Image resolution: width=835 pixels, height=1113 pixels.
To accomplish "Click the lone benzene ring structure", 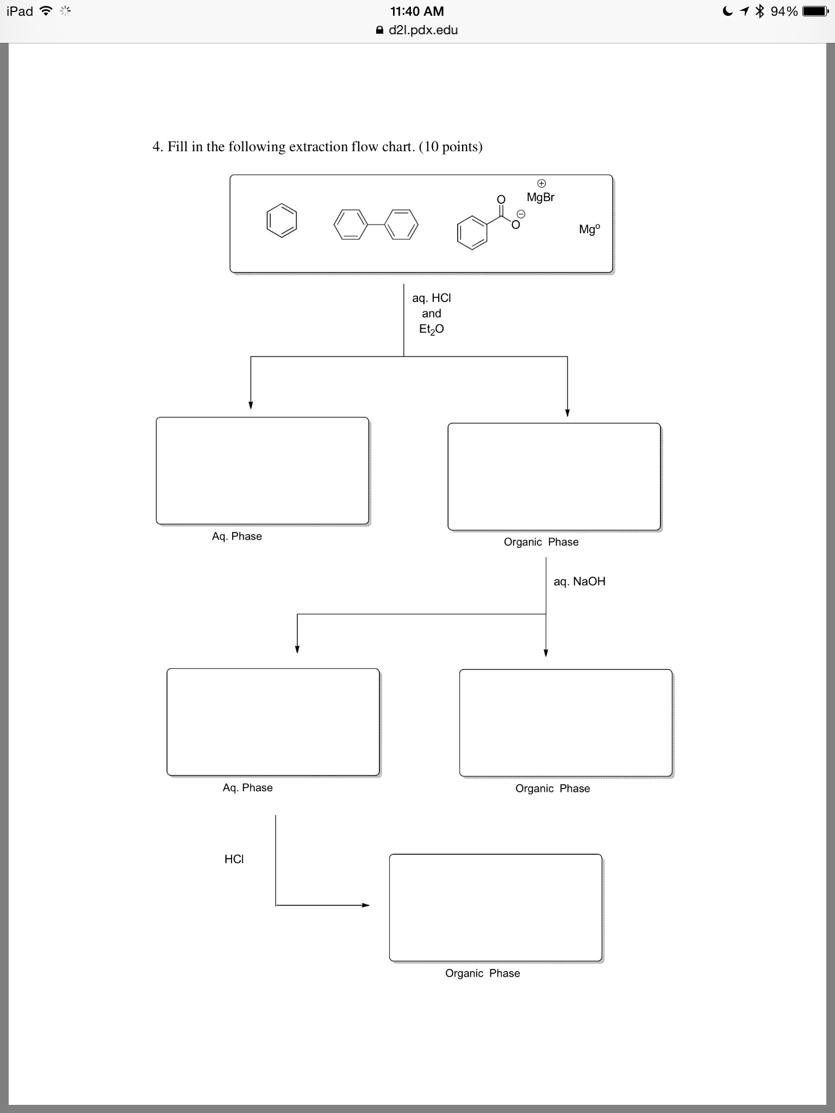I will click(x=282, y=221).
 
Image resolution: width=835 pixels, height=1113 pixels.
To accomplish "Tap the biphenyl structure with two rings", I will click(x=376, y=224).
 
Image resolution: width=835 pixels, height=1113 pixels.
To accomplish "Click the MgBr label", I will click(x=540, y=197).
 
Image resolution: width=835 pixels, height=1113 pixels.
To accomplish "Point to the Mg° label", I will click(x=589, y=229).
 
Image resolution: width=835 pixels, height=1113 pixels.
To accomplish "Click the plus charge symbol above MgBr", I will click(x=541, y=183).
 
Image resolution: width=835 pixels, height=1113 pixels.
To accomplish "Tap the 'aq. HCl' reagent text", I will click(x=432, y=298).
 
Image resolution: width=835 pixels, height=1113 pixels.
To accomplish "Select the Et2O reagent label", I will click(x=432, y=329).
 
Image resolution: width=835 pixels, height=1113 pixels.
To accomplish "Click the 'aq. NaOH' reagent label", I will click(x=579, y=581).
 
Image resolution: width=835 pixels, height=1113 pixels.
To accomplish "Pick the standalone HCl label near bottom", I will click(x=234, y=859).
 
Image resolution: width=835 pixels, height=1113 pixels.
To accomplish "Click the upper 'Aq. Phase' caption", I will click(x=237, y=536).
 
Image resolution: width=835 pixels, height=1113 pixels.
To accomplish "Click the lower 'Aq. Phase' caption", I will click(x=248, y=787).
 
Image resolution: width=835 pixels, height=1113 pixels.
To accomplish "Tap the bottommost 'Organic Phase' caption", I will click(x=483, y=973).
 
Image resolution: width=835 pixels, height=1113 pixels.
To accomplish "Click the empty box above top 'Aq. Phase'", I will click(x=263, y=471).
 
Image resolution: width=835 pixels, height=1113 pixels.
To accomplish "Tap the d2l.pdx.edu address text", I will click(x=423, y=30).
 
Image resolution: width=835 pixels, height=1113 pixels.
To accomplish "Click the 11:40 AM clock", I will click(x=417, y=11).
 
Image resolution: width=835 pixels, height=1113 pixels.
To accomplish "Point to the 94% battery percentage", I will click(x=784, y=11).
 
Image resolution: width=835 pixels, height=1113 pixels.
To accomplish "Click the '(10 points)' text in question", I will click(x=451, y=147).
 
